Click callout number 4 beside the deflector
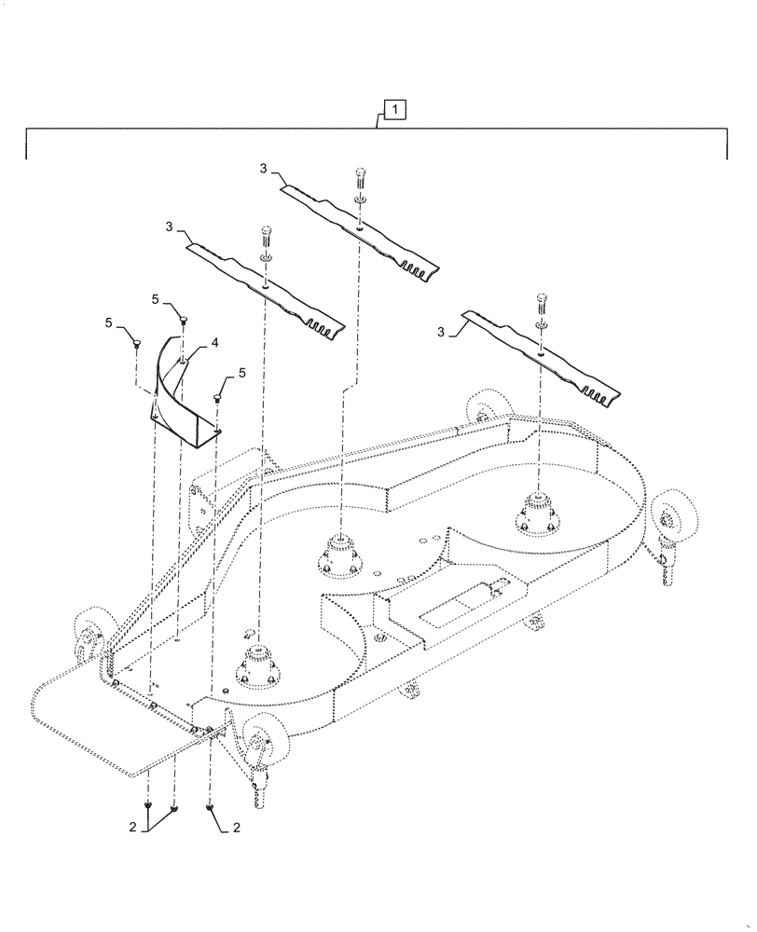click(214, 343)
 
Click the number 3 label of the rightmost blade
click(441, 331)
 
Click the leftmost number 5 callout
click(109, 322)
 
